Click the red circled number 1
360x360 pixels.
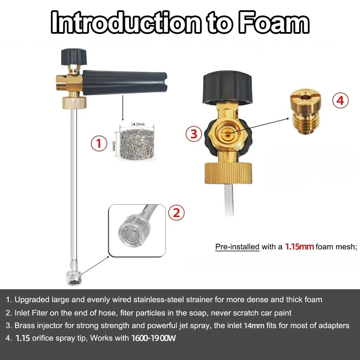click(99, 143)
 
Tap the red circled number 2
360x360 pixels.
click(176, 212)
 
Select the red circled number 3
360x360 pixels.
click(194, 134)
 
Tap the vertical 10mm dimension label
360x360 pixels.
click(114, 146)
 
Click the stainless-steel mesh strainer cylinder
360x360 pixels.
click(137, 145)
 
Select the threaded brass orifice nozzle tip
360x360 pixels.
click(306, 111)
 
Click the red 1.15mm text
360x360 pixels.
click(299, 246)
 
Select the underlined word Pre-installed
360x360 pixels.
click(237, 247)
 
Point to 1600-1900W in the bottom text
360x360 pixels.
click(154, 338)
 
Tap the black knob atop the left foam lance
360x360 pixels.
click(74, 57)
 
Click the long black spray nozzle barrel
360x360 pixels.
click(124, 82)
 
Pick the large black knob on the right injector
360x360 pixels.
click(227, 87)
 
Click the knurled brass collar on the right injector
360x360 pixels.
click(228, 173)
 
